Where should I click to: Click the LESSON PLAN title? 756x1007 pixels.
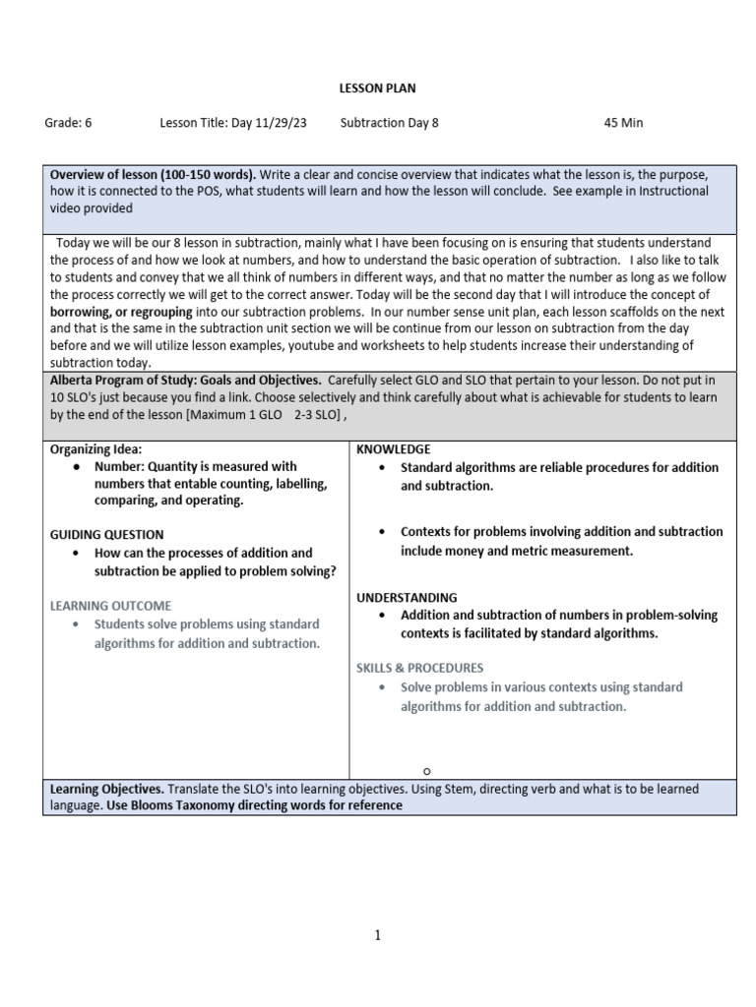377,89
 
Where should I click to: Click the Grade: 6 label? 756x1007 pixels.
68,123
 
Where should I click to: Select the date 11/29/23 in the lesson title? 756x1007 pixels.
282,123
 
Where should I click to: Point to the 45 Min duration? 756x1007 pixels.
623,123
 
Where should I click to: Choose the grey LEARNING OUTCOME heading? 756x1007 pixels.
110,605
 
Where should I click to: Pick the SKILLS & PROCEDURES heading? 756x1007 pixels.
419,668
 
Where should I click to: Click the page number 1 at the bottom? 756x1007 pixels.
377,935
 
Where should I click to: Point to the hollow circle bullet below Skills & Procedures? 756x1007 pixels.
428,771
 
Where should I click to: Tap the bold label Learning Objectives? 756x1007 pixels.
107,789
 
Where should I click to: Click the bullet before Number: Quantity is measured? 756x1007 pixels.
79,467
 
